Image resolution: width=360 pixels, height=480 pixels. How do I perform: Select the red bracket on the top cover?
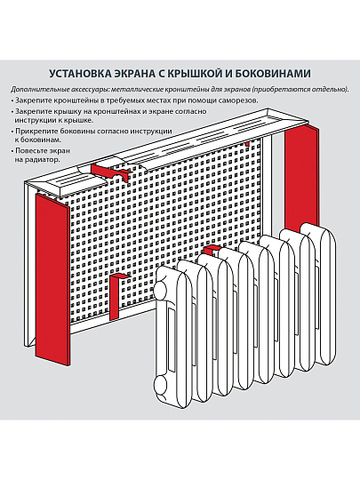click(x=106, y=168)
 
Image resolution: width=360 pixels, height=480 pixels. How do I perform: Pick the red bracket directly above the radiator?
click(x=211, y=251)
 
